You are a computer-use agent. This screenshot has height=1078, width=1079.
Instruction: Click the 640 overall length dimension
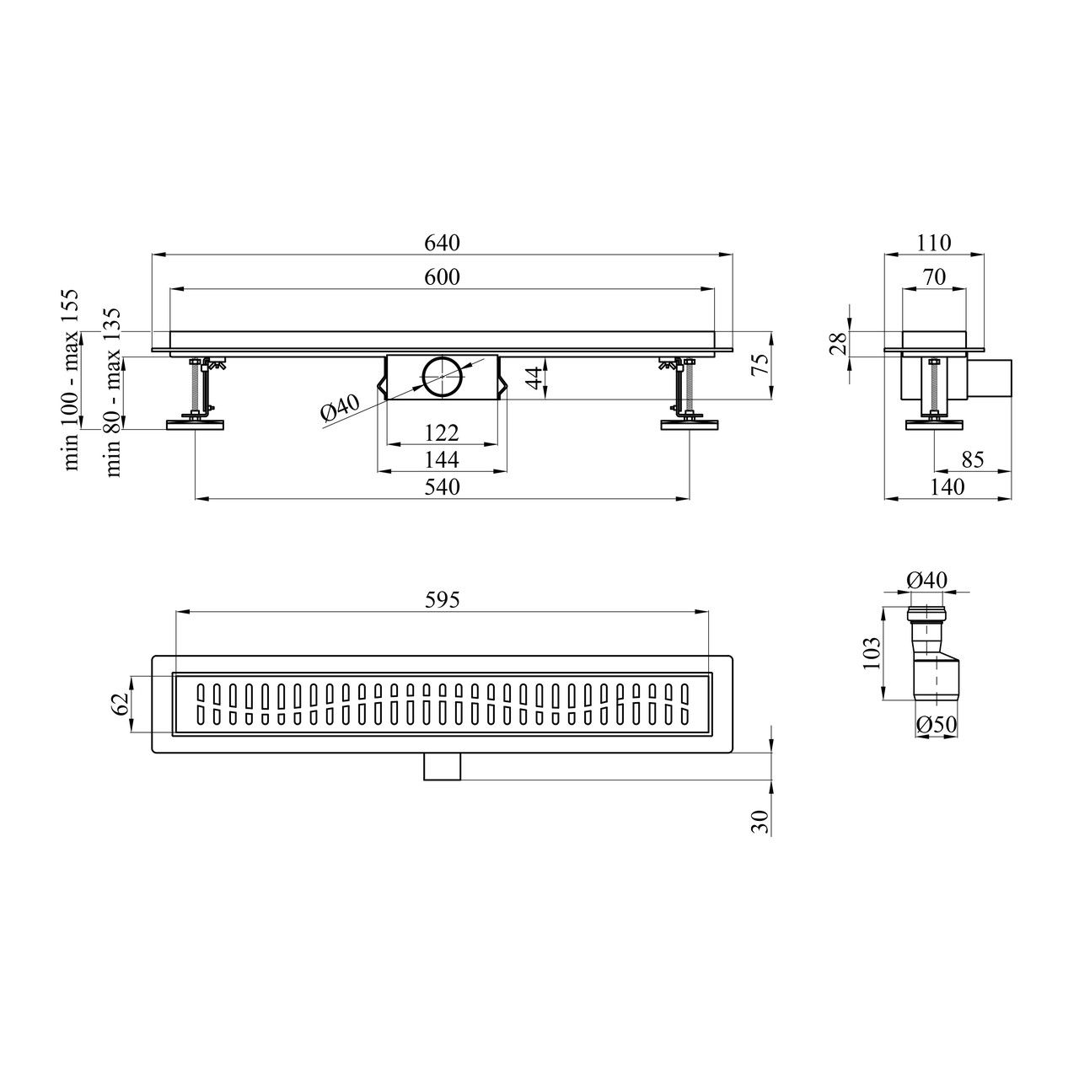(442, 243)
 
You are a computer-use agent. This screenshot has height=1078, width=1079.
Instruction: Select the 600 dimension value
(442, 276)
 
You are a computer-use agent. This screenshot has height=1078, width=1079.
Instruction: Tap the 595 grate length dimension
(442, 600)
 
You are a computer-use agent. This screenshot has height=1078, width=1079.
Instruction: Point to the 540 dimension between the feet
(442, 486)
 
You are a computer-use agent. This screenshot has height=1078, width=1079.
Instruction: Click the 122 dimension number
(442, 432)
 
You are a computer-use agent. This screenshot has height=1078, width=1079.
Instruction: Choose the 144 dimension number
(442, 459)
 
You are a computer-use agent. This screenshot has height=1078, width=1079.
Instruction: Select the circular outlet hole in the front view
(443, 377)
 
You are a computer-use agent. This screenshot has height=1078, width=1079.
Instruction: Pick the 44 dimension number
(535, 377)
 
